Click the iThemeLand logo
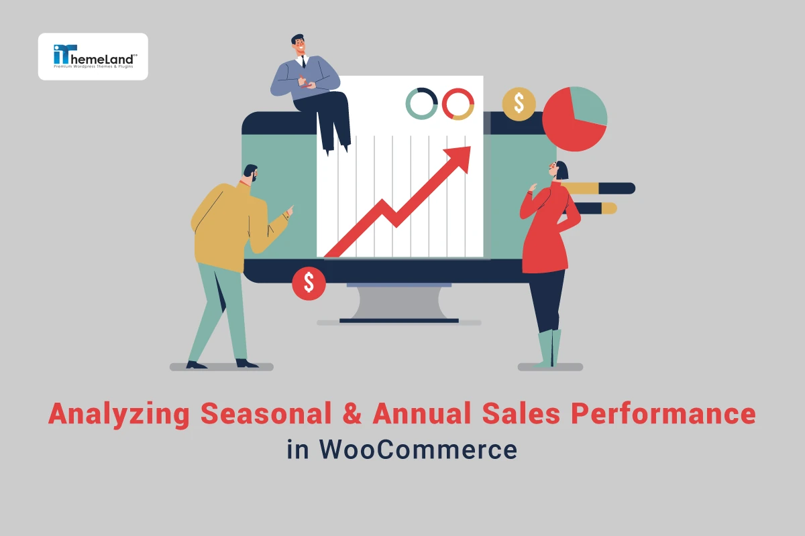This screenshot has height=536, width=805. (x=93, y=56)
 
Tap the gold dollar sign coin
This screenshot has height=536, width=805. (x=519, y=104)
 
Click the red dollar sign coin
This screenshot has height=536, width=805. (x=309, y=283)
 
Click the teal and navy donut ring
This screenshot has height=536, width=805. (x=422, y=104)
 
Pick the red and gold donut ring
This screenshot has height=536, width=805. (x=458, y=104)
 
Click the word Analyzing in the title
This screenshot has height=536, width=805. (x=119, y=414)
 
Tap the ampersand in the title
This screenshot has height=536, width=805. (x=356, y=414)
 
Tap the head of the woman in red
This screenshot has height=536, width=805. (x=559, y=170)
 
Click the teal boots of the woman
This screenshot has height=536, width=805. (x=549, y=348)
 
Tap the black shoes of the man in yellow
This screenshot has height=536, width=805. (x=221, y=364)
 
